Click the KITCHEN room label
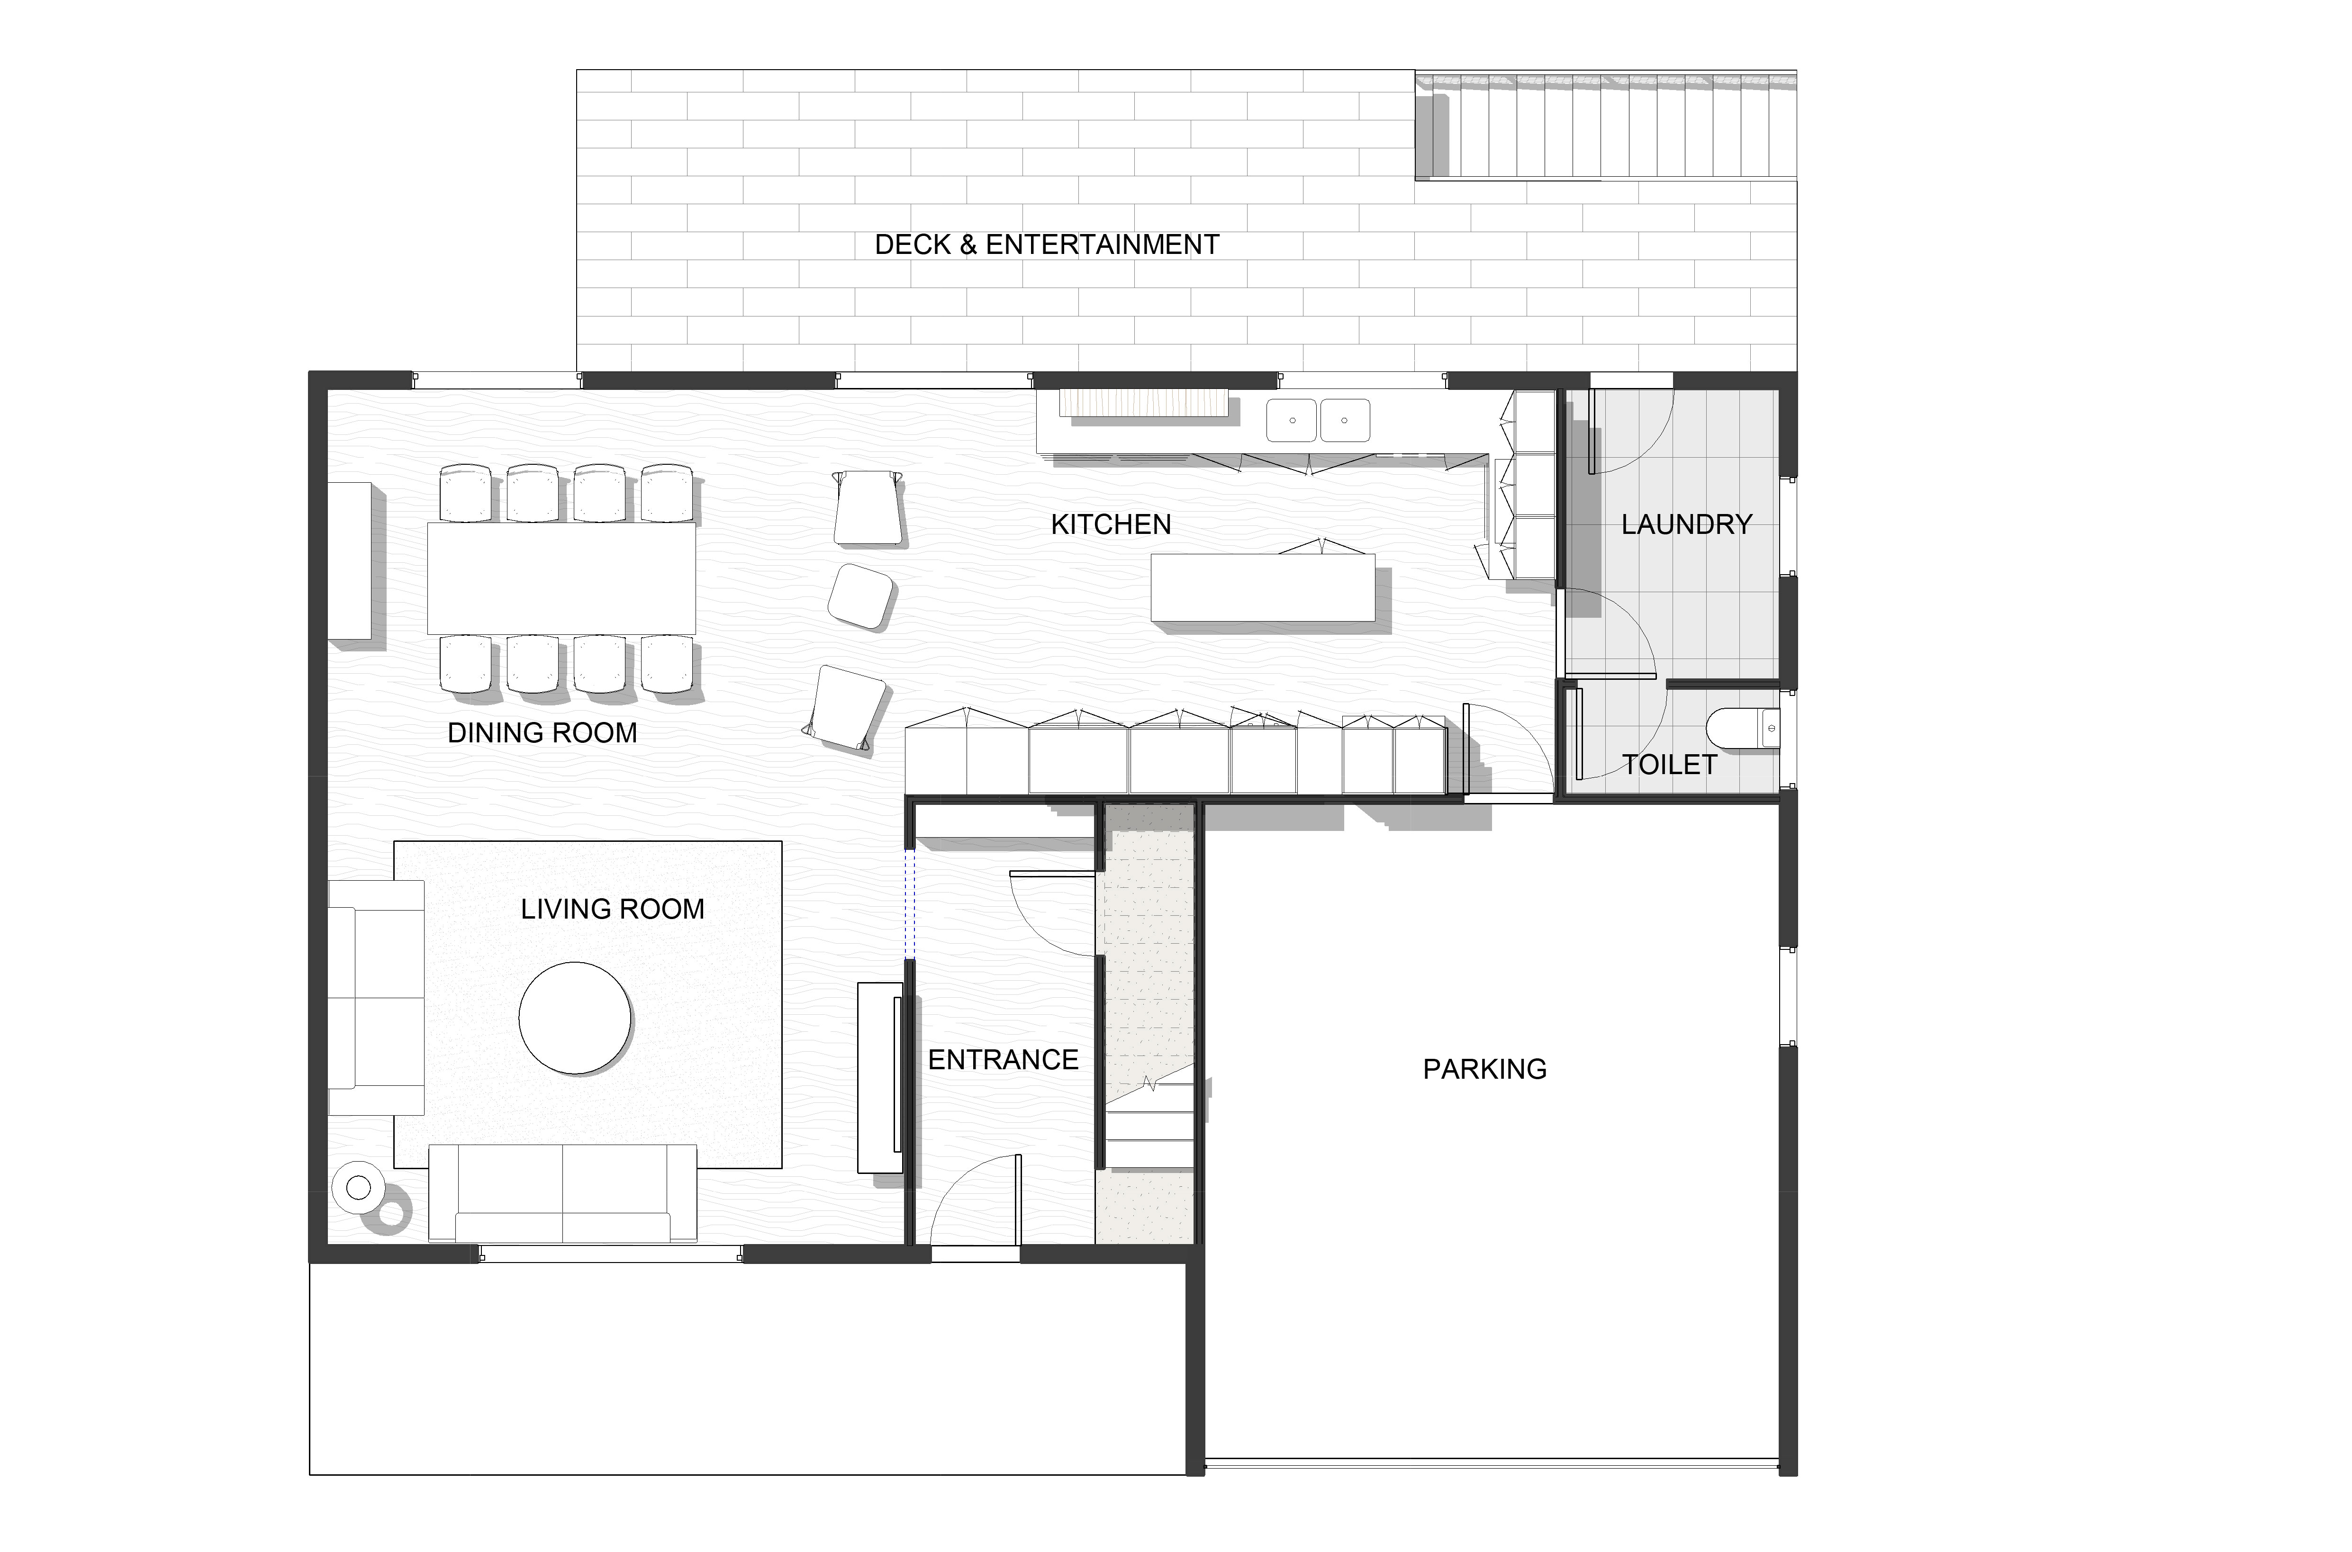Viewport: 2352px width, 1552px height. pyautogui.click(x=1111, y=524)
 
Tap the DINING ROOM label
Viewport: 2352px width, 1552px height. pyautogui.click(x=543, y=733)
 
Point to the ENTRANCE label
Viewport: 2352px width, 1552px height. pyautogui.click(x=1003, y=1060)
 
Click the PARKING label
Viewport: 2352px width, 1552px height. pyautogui.click(x=1485, y=1069)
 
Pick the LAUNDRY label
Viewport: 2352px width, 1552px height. pyautogui.click(x=1687, y=524)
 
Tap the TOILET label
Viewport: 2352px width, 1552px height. pyautogui.click(x=1670, y=764)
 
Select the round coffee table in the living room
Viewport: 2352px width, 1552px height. pyautogui.click(x=575, y=1018)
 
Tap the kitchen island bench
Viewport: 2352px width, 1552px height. pyautogui.click(x=1263, y=588)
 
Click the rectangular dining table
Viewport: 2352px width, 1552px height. pyautogui.click(x=561, y=578)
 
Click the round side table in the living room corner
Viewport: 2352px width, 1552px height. pyautogui.click(x=358, y=1188)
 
